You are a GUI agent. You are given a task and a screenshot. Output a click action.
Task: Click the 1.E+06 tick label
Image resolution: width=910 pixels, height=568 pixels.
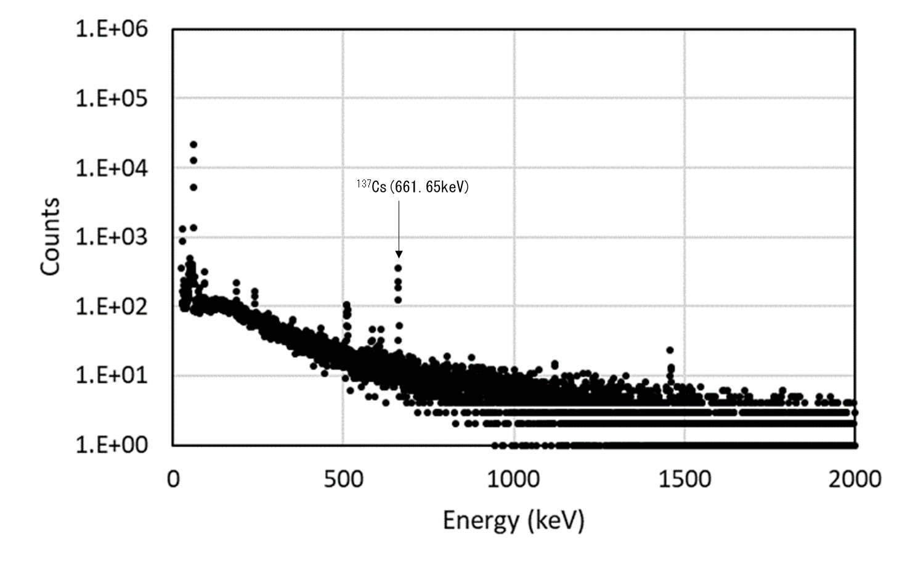[112, 29]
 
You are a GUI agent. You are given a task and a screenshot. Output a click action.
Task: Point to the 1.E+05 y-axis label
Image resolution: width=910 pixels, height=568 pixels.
[112, 98]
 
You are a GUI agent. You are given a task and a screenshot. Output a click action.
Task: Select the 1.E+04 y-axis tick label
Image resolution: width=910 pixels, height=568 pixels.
[112, 168]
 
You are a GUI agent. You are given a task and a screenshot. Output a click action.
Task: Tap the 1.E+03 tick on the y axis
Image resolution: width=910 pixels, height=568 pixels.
[112, 237]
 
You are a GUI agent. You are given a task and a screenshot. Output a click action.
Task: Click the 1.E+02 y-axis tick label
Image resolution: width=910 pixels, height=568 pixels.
[112, 307]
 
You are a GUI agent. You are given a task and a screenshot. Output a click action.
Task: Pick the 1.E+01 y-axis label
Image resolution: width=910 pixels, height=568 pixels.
[112, 376]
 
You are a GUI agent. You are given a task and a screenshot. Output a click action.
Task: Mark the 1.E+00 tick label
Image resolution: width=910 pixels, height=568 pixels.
[112, 445]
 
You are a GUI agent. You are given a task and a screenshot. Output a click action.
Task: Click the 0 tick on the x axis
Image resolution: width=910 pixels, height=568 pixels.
[173, 479]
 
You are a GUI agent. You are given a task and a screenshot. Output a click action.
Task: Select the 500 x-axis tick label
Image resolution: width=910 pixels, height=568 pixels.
[343, 479]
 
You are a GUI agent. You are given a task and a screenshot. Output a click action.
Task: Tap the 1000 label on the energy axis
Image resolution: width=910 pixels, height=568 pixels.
[513, 479]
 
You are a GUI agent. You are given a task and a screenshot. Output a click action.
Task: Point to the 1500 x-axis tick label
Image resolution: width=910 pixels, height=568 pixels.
[684, 479]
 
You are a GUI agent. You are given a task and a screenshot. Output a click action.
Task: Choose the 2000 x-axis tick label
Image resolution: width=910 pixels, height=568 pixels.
[854, 479]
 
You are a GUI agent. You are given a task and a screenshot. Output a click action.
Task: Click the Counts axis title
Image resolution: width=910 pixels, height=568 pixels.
[51, 237]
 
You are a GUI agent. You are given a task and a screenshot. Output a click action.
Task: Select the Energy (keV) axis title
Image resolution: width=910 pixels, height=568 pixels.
[513, 521]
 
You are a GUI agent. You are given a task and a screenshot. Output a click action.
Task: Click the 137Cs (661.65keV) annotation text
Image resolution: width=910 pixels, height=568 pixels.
[412, 186]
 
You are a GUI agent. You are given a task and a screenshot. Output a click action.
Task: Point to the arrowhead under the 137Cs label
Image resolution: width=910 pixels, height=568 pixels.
[399, 253]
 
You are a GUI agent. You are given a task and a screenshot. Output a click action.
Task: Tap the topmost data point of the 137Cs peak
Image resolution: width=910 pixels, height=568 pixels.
[399, 268]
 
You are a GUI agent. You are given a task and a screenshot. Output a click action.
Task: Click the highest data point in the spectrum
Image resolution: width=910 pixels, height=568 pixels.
[193, 144]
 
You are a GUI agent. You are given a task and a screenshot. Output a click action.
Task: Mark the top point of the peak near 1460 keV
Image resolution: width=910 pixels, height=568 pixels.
[670, 350]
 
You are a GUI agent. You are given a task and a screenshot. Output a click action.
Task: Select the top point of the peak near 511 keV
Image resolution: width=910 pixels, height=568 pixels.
[346, 305]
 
